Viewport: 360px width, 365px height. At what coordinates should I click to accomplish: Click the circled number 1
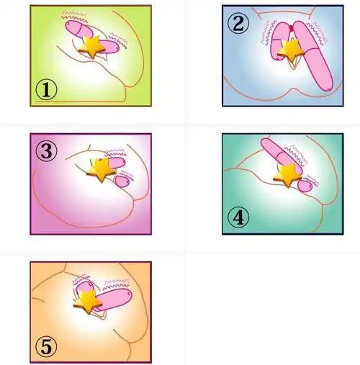point(46,90)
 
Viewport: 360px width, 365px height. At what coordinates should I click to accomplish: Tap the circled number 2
point(238,24)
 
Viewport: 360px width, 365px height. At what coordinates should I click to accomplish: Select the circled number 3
point(47,151)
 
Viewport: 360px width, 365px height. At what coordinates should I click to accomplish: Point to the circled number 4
point(238,217)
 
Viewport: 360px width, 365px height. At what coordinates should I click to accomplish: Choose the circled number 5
point(46,346)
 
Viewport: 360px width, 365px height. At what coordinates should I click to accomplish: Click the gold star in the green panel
point(92,46)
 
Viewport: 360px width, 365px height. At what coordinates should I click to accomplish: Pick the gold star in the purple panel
point(102,169)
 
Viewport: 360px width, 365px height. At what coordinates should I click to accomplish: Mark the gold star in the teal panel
point(287,175)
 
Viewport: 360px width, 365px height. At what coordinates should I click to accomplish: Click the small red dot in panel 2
point(292,29)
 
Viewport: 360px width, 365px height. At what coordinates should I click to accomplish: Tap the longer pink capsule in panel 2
point(312,56)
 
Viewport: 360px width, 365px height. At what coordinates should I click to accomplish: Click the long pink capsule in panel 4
point(281,156)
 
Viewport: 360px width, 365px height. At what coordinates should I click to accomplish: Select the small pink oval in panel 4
point(305,186)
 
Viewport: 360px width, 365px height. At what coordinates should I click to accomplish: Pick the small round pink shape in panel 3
point(122,181)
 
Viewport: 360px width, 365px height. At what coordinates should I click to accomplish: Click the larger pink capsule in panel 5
point(114,299)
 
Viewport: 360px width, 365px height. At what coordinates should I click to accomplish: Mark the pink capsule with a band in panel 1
point(78,29)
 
